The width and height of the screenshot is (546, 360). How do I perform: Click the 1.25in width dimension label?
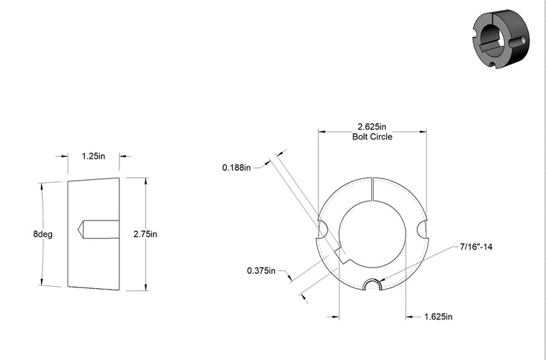(93, 156)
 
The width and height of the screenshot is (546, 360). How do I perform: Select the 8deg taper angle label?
(43, 234)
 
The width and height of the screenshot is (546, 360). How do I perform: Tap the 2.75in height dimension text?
(145, 234)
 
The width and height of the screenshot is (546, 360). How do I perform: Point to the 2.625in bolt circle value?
(372, 127)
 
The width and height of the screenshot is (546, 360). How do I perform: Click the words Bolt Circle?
(373, 137)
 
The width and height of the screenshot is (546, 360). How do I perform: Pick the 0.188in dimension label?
(237, 168)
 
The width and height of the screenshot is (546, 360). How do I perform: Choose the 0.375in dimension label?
(261, 270)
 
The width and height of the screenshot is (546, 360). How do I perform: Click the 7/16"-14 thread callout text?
(476, 247)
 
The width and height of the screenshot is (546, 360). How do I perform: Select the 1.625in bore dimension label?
(439, 317)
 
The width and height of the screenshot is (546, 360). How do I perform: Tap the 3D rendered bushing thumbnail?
(500, 38)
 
